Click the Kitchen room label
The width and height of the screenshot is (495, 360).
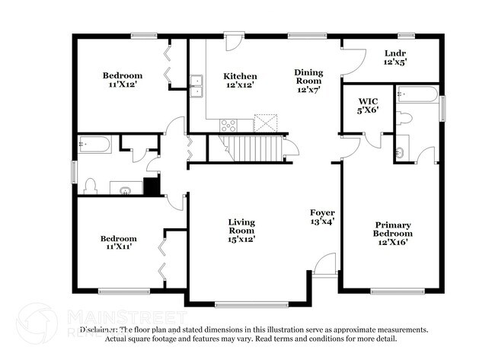pos(239,81)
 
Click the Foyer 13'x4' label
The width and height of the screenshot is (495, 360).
pos(322,217)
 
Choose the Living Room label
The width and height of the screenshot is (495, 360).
pos(241,230)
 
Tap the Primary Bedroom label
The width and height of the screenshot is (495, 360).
pos(392,234)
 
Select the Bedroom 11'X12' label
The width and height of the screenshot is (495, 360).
pos(123,80)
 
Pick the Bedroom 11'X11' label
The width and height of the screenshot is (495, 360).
pos(118,243)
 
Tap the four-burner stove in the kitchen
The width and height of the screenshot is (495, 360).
pos(228,125)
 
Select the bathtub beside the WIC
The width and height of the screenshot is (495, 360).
pos(418,95)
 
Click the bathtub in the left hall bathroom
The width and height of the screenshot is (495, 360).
pos(94,144)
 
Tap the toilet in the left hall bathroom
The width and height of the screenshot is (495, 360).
pos(90,186)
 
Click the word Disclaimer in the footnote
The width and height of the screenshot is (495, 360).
pos(98,330)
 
